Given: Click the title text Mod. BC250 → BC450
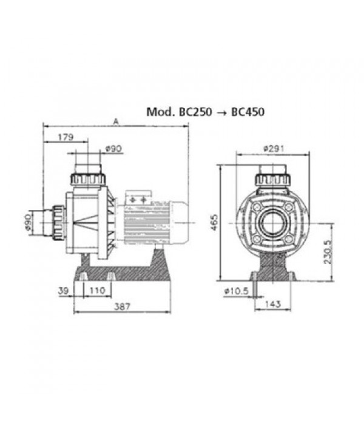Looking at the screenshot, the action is coord(206,112).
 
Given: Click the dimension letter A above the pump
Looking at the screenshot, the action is coord(116,122).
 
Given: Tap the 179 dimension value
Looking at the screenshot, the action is coord(66,137).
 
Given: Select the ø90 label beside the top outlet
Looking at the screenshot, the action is coord(113,149).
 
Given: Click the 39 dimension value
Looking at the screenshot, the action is coord(64,291).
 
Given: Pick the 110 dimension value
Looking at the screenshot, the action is coord(97,291).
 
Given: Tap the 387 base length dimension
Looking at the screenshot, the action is coord(122,306).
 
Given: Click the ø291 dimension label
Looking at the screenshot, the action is coord(273,149).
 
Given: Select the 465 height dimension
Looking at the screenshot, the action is coord(214,222).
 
